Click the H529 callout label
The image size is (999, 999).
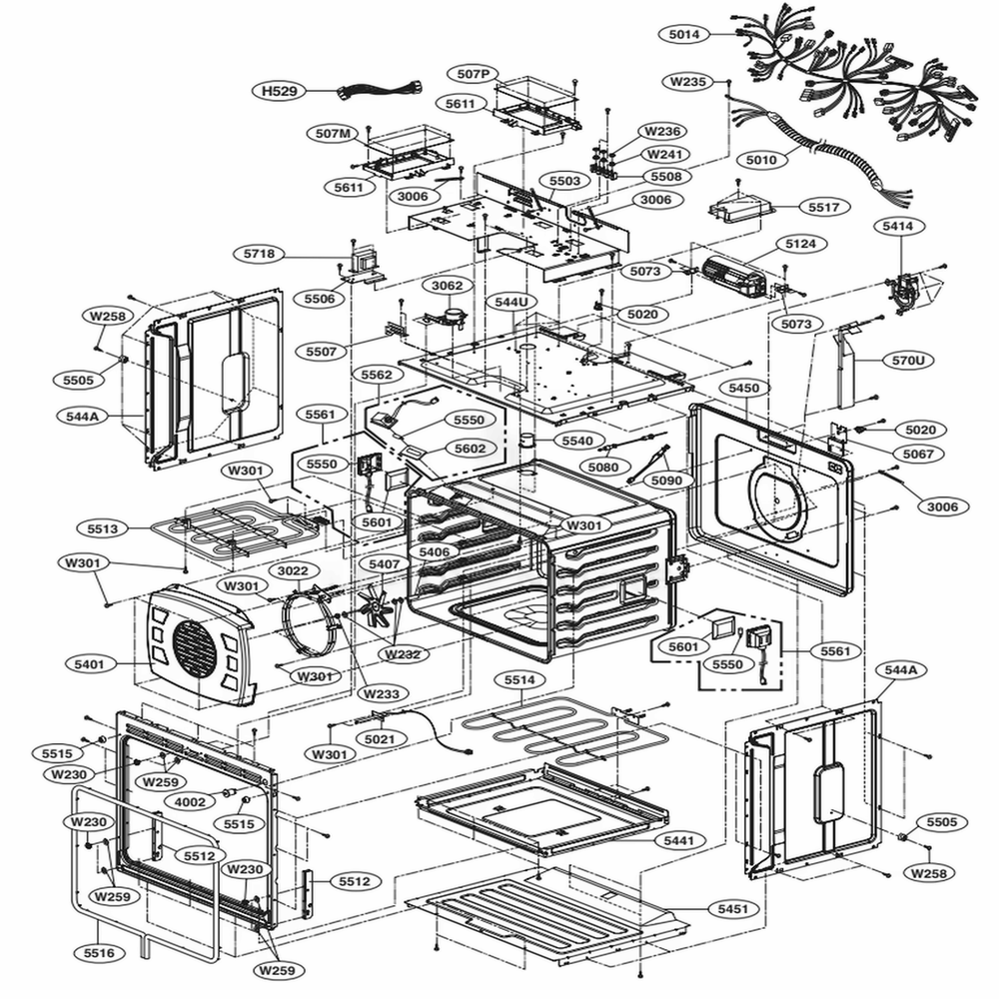280,92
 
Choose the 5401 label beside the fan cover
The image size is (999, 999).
90,663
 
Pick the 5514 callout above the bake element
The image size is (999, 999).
518,680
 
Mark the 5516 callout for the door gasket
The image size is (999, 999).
97,953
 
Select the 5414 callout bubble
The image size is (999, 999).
896,227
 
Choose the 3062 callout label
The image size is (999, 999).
447,286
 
